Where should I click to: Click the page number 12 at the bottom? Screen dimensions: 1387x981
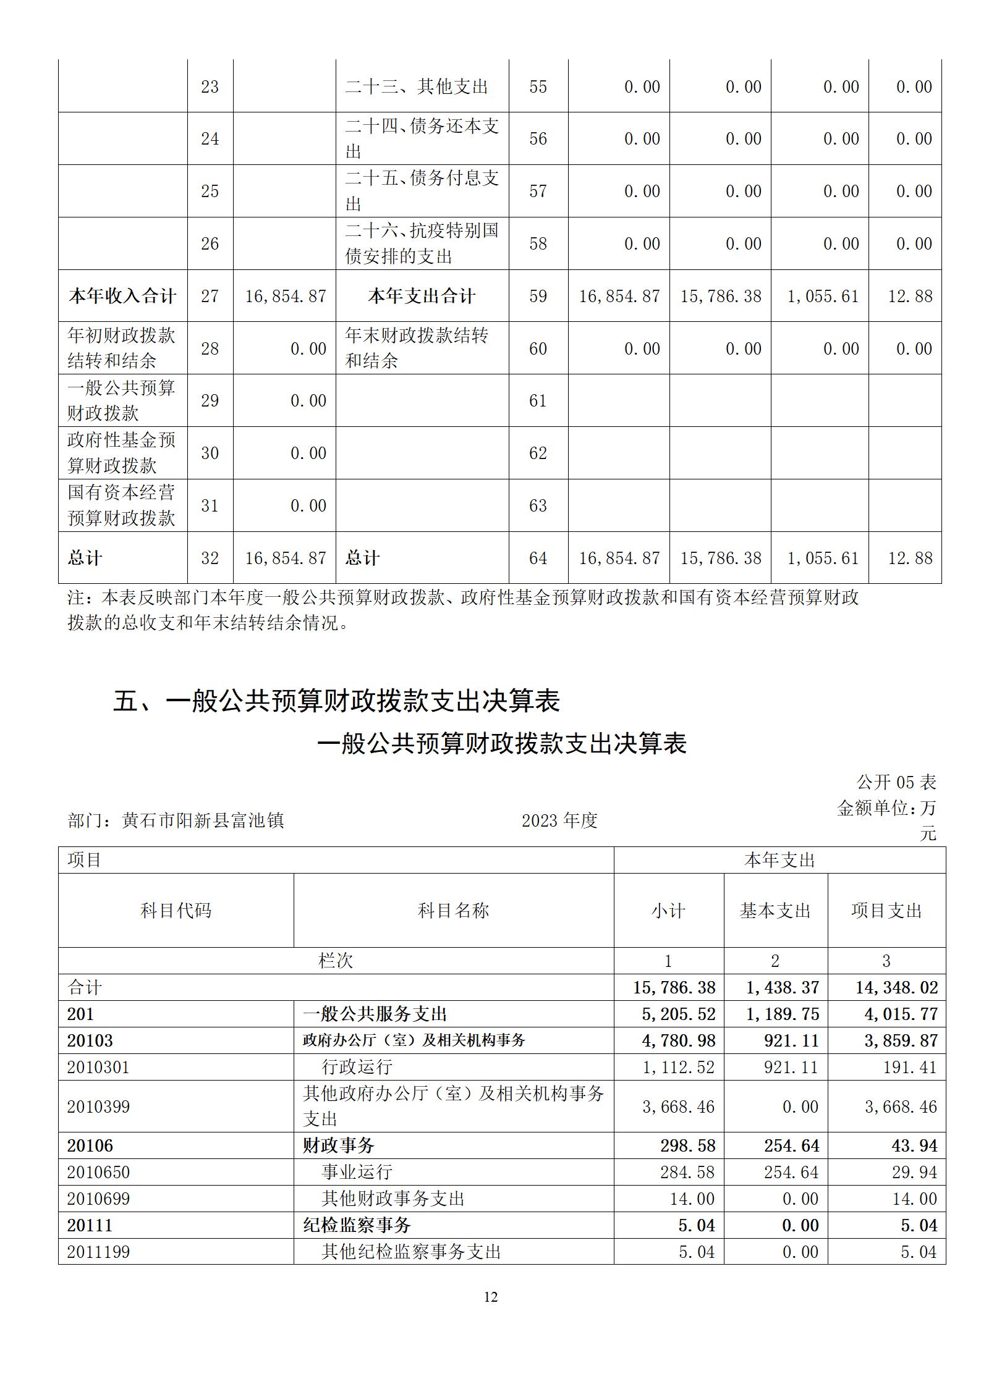(490, 1297)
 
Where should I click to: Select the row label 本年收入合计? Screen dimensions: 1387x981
(122, 296)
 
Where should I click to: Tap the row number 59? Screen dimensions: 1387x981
(538, 296)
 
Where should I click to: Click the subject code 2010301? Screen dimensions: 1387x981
(98, 1067)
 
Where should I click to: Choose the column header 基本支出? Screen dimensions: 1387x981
(775, 910)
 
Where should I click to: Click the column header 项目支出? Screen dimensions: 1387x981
(886, 910)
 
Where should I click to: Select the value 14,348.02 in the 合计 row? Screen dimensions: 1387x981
(896, 987)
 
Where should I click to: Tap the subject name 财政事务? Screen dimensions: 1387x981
(339, 1145)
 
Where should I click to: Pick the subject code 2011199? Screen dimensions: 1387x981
(98, 1252)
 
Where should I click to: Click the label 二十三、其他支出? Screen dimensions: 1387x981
(417, 86)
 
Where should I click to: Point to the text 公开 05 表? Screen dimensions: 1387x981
(896, 782)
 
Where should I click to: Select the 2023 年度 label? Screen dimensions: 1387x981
(559, 820)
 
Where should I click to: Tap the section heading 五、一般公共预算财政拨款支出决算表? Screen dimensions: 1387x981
(337, 701)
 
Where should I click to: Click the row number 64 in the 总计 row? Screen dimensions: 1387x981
(538, 558)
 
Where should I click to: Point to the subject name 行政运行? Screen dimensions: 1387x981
(357, 1067)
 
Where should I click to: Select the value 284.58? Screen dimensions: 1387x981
(687, 1172)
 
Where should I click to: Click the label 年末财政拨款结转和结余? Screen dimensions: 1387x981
(417, 348)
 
